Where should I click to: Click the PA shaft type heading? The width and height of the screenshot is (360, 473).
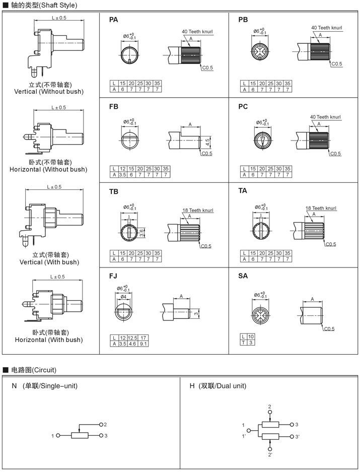(113, 20)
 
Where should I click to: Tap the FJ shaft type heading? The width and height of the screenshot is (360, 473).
(113, 276)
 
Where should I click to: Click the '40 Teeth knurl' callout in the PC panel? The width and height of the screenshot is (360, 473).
(325, 117)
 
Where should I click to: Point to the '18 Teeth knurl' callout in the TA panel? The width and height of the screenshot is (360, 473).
(321, 208)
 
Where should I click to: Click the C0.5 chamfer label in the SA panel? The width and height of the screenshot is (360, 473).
(329, 329)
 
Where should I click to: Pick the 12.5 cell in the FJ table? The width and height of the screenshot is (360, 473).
(132, 337)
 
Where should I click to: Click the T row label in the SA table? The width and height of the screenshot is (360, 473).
(244, 343)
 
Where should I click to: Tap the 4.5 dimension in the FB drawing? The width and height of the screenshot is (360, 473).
(207, 142)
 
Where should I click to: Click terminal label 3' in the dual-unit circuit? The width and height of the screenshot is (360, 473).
(298, 436)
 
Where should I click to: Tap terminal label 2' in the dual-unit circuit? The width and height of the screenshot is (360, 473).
(270, 455)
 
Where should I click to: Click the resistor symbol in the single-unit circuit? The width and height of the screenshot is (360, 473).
(80, 435)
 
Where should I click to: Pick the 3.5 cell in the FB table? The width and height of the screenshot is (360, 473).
(122, 174)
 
